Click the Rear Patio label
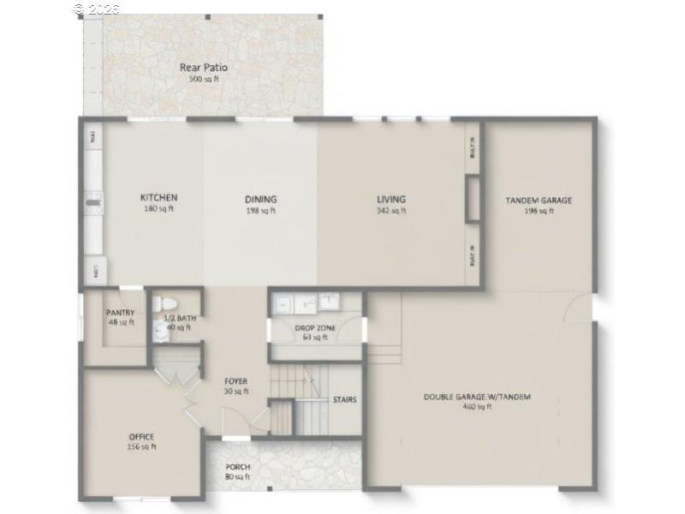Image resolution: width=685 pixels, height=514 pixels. click(204, 68)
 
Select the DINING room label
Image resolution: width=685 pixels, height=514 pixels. click(261, 200)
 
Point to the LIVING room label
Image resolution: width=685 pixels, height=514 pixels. click(391, 200)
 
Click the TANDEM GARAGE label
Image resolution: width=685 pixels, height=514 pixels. click(539, 200)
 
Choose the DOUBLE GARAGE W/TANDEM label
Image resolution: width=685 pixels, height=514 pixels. click(477, 397)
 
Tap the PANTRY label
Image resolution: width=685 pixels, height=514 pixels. click(120, 313)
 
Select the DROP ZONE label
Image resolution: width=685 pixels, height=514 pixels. click(315, 328)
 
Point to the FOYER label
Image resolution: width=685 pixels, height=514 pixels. click(236, 381)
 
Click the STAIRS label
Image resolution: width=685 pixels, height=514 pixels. click(344, 399)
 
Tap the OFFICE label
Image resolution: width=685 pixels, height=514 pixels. click(142, 437)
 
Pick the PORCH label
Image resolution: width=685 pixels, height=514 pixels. click(238, 467)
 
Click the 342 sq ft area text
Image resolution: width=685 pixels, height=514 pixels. click(392, 211)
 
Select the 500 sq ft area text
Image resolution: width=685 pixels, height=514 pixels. click(204, 79)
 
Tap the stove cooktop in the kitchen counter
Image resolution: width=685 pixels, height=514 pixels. click(93, 203)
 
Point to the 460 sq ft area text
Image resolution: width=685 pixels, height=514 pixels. click(477, 407)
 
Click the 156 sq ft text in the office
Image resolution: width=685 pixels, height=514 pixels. click(142, 446)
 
